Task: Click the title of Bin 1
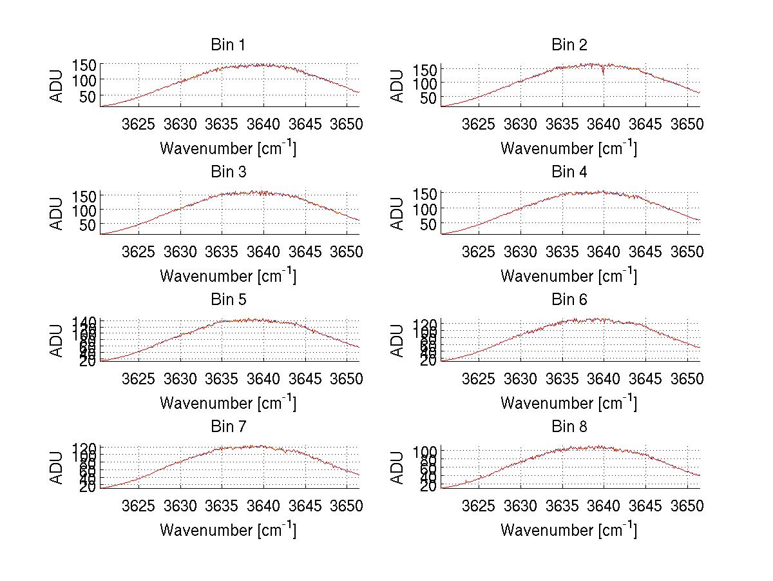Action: (227, 45)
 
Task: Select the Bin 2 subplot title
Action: (569, 45)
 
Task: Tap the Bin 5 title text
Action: (227, 300)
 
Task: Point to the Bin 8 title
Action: (569, 427)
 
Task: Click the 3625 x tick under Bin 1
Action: (138, 124)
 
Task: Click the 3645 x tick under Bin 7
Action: (305, 506)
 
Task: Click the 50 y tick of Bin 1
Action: (88, 96)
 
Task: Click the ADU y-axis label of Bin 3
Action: (57, 213)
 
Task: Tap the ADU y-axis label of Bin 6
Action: (398, 340)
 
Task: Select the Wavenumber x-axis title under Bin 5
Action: (227, 403)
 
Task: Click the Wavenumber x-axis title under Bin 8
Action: (569, 530)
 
